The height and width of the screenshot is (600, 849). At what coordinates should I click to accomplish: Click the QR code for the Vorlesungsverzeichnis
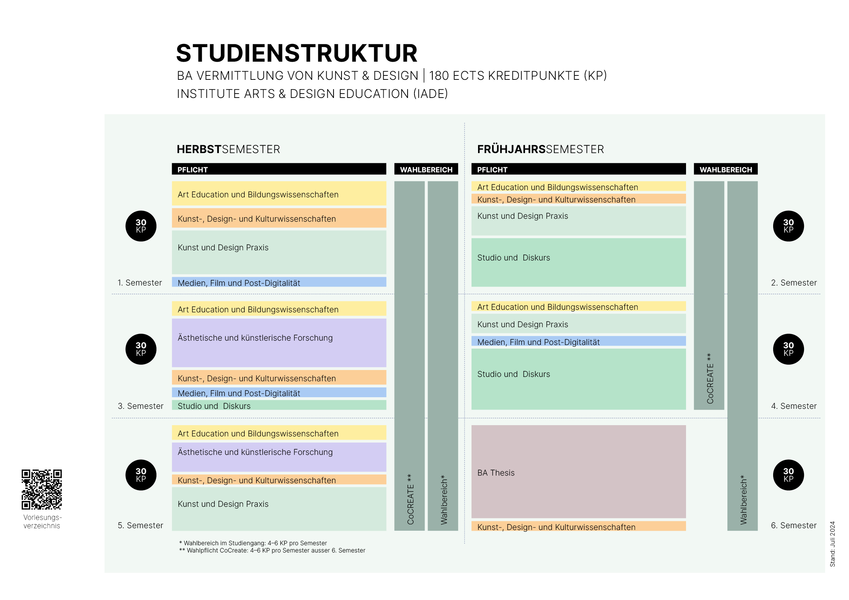41,489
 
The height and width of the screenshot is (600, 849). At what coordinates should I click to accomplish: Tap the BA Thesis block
578,472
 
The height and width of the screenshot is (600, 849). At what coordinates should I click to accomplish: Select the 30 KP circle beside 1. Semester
141,226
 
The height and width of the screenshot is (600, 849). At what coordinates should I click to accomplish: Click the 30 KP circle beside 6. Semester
788,475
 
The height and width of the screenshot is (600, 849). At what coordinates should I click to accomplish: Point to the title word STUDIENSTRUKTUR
297,53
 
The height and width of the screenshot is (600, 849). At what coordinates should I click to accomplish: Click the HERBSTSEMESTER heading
228,149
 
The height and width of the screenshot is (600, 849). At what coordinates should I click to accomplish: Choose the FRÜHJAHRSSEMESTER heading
540,149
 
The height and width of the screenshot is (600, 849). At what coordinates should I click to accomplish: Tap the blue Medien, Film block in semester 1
279,282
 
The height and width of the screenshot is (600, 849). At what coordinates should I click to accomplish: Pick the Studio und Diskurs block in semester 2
578,262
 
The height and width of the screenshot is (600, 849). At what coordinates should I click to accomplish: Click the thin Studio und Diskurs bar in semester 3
279,405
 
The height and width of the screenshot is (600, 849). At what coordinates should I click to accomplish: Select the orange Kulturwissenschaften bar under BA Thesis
578,526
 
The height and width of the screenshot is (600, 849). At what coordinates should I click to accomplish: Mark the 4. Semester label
793,406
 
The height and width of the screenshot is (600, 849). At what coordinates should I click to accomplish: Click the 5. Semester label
140,525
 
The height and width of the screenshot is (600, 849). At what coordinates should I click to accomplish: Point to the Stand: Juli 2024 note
832,544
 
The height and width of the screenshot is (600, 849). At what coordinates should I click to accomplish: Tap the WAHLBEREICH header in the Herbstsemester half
426,169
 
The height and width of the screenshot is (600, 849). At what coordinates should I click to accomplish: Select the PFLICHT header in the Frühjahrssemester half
578,169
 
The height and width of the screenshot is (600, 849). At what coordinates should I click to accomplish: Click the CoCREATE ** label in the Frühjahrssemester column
710,378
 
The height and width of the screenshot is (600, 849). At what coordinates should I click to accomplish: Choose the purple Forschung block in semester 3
279,342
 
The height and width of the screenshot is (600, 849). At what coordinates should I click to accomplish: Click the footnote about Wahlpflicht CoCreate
272,551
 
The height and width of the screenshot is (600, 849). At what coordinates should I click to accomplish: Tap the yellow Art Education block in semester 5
279,433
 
